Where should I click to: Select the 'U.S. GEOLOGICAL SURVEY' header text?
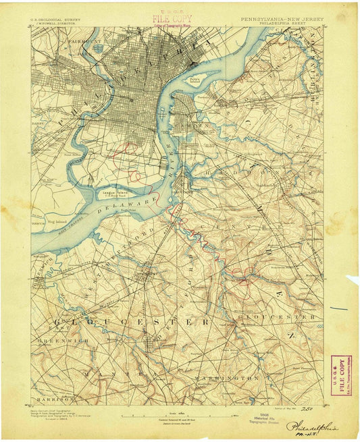[56, 20]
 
